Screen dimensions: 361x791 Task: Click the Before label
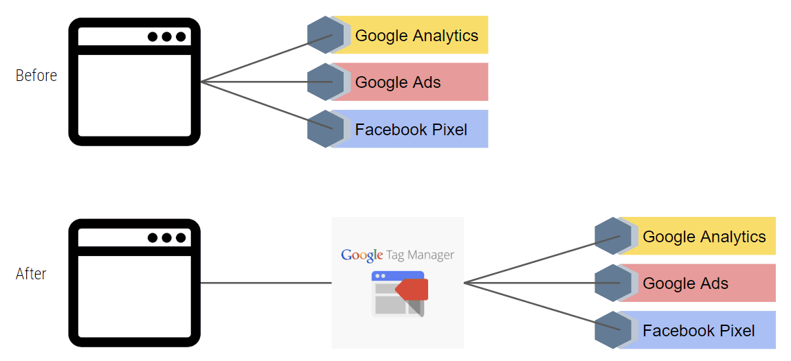(36, 75)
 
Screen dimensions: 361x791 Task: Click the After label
(31, 274)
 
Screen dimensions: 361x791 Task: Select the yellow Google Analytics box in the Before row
(416, 36)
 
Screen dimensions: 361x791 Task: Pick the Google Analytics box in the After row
(704, 237)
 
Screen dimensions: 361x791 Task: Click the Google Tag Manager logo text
(397, 255)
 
